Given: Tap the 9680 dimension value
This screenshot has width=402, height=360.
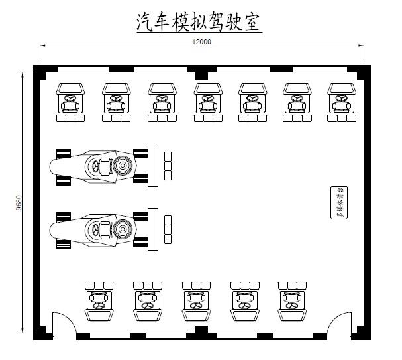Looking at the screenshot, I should [19, 202].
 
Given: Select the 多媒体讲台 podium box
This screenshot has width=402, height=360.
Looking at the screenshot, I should [337, 203].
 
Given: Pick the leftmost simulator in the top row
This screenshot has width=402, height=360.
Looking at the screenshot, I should [70, 101].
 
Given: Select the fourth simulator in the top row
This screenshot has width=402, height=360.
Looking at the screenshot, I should [207, 101].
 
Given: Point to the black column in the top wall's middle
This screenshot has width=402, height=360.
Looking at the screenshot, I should [201, 71].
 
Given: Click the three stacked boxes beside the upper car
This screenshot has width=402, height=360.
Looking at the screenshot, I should [168, 165].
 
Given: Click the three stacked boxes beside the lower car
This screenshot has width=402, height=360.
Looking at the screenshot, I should [168, 229].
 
